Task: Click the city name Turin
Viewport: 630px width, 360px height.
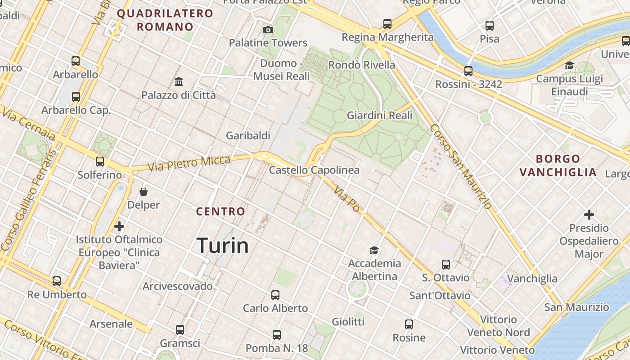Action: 223,246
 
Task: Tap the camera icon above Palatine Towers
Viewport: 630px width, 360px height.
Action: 268,30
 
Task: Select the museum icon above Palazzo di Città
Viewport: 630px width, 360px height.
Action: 179,82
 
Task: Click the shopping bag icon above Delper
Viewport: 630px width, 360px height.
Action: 144,192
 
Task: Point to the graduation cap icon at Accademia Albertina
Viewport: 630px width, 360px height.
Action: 374,250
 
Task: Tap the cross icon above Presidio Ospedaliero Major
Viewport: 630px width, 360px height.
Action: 589,215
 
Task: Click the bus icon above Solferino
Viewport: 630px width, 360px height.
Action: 100,162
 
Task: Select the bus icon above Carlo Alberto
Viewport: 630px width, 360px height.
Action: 275,295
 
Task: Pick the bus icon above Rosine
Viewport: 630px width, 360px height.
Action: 409,324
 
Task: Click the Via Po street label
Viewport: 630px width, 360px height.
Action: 347,198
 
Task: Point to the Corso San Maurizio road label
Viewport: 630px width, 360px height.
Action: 460,166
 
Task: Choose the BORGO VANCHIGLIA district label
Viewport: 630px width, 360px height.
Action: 558,166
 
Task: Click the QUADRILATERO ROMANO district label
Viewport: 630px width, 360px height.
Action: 165,20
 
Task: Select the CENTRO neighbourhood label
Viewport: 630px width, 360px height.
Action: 221,211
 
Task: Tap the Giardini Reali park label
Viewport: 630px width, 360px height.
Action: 379,116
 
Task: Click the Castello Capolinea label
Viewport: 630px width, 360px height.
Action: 314,170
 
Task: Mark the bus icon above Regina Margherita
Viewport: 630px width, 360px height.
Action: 387,24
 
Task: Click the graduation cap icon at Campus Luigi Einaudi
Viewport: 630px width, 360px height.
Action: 569,66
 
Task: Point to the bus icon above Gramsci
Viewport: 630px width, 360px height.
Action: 180,330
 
